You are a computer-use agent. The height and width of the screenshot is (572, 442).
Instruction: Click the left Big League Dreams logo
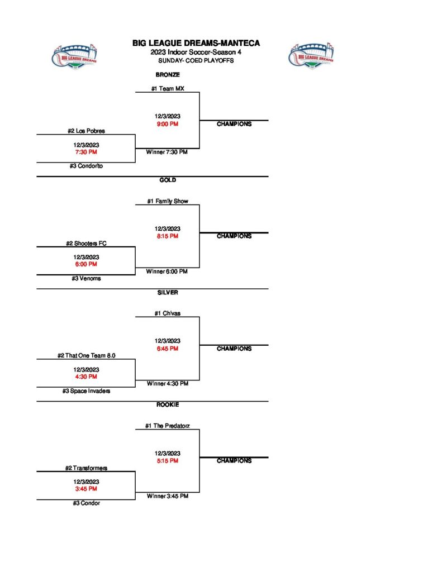coord(78,56)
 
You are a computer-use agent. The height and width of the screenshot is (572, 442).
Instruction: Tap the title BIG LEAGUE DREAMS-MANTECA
coord(196,43)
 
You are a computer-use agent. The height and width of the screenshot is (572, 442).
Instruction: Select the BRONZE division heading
coord(167,74)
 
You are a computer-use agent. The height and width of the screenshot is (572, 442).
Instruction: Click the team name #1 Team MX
coord(168,88)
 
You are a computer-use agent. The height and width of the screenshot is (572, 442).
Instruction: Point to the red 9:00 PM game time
coord(168,123)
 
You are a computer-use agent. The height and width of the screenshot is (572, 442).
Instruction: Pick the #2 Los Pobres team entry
coord(86,131)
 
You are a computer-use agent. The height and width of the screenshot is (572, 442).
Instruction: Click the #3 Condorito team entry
coord(86,166)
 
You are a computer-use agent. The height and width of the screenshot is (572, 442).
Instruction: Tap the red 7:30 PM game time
coord(86,151)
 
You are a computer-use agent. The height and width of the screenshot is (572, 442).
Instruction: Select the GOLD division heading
coord(168,180)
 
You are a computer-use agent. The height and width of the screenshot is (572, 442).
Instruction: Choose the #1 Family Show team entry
coord(168,201)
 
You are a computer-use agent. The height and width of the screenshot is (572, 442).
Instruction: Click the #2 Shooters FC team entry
coord(86,243)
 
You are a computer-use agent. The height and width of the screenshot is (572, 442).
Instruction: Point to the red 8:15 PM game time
coord(168,236)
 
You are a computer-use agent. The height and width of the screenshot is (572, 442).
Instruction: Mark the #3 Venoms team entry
coord(86,278)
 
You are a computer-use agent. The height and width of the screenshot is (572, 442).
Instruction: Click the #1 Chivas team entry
coord(168,313)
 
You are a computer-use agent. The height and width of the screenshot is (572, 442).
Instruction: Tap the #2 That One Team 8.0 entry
coord(86,355)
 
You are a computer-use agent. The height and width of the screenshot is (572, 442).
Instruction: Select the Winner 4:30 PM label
coord(168,384)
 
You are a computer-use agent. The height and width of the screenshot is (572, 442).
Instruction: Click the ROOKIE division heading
coord(168,404)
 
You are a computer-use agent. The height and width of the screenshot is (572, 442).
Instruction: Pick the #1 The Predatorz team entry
coord(168,426)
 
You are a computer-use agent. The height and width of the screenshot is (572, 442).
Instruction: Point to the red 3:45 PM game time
coord(86,489)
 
